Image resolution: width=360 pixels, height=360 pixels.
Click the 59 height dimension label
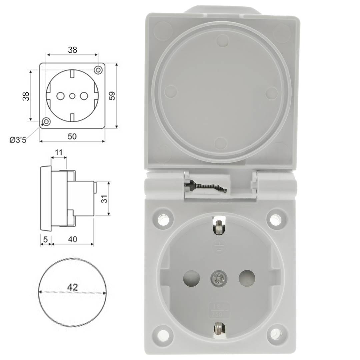point(112,96)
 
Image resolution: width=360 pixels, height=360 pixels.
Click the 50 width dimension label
point(72,136)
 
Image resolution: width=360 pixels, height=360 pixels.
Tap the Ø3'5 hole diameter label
point(18,140)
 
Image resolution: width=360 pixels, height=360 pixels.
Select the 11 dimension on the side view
point(59,153)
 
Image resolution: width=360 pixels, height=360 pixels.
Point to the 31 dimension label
point(104,199)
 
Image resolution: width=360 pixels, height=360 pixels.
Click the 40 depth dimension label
point(72,239)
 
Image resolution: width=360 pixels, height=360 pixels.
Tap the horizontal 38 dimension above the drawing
point(72,50)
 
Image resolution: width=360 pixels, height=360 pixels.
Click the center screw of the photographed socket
point(219,278)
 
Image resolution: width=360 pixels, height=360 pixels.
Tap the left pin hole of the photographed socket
point(192,278)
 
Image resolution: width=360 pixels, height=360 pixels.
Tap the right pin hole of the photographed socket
point(247,278)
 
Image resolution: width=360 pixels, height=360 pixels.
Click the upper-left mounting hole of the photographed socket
point(163,219)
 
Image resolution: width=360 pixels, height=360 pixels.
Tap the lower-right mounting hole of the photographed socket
point(276,334)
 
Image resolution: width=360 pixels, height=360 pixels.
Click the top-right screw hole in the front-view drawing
point(98,70)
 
